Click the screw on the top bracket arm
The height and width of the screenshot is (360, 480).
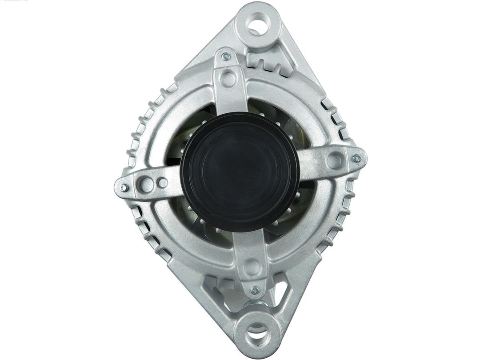(226, 56)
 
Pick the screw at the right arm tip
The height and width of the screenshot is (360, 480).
(356, 158)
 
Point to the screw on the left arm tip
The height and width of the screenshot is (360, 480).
(124, 187)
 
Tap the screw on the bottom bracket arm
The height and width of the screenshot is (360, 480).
(254, 291)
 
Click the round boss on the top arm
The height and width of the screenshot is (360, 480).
(228, 79)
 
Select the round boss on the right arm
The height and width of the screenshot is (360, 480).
(334, 160)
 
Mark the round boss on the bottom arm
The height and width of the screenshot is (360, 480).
(252, 267)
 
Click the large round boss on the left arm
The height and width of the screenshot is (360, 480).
(147, 184)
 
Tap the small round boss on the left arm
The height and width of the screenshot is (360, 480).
(163, 183)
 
